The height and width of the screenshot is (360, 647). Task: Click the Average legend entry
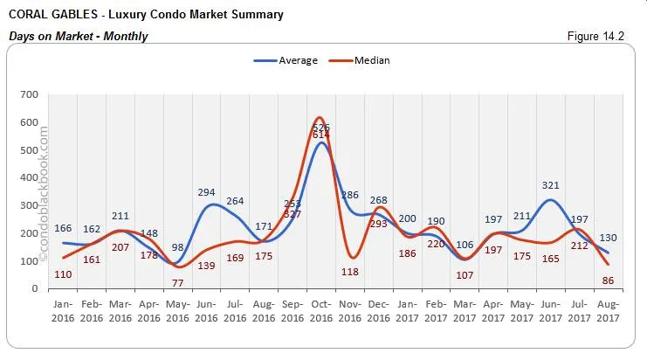[x=296, y=60]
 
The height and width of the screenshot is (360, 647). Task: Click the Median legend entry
[x=371, y=60]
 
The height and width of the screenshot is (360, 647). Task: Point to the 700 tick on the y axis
[x=29, y=94]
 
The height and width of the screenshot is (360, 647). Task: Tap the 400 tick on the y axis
[x=29, y=177]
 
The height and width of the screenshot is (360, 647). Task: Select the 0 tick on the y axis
[x=35, y=288]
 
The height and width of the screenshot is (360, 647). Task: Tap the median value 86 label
[x=607, y=281]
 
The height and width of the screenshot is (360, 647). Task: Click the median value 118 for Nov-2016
[x=349, y=272]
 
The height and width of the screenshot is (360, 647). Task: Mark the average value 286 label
[x=349, y=195]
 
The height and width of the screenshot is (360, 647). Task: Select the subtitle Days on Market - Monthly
[x=78, y=36]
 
